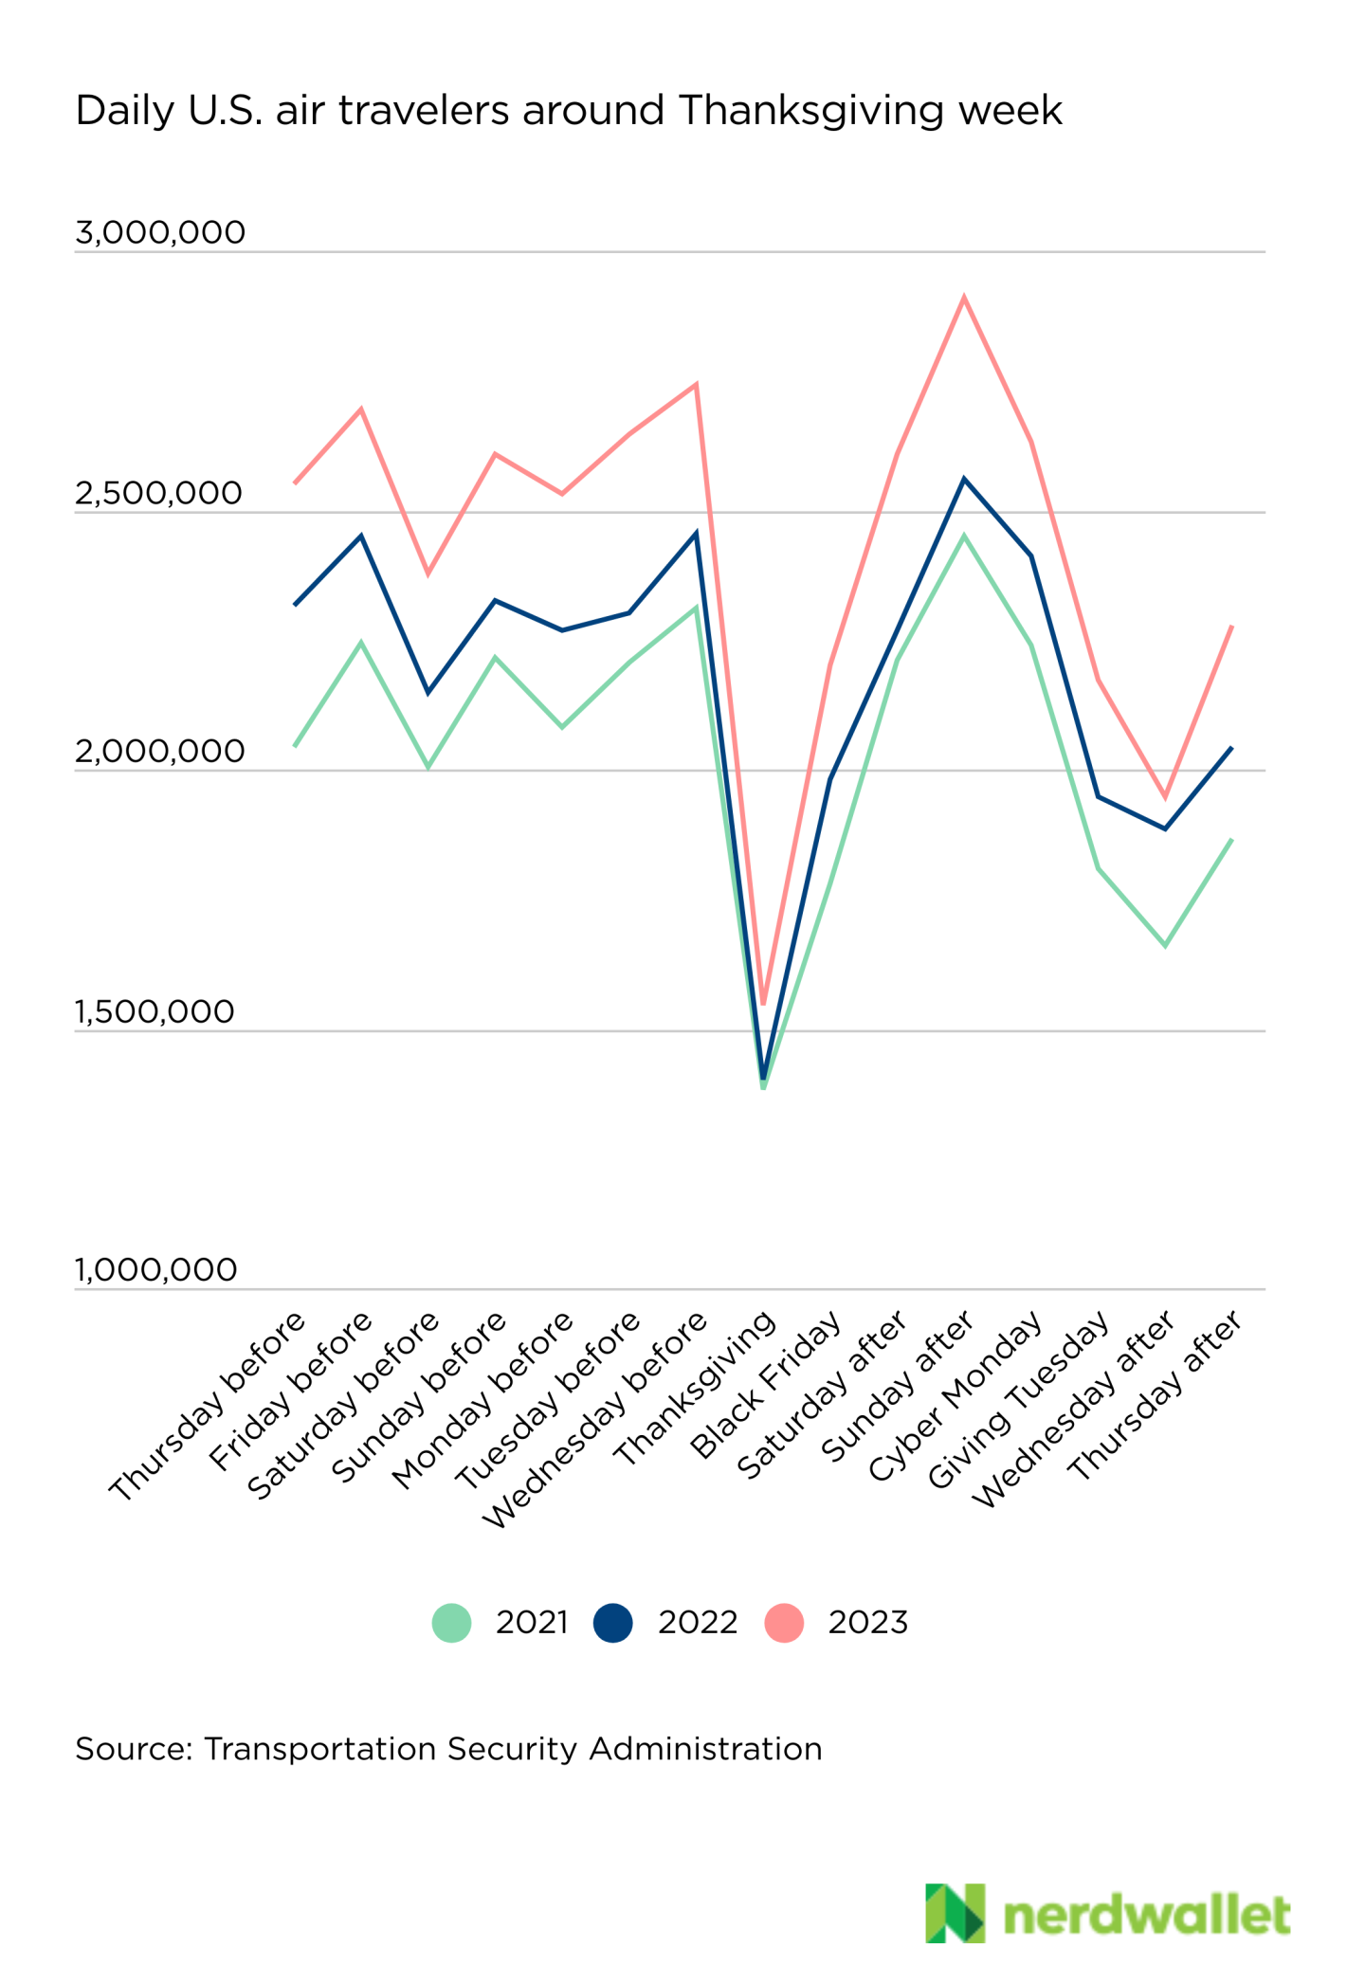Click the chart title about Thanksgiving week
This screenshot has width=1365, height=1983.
(x=569, y=112)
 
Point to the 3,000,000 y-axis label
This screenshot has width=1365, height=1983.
(x=160, y=232)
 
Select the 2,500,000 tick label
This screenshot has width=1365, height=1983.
(x=159, y=494)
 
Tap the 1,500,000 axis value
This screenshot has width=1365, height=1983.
(x=155, y=1012)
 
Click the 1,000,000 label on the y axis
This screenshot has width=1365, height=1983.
(x=156, y=1270)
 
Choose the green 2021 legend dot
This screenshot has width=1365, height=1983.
(x=452, y=1623)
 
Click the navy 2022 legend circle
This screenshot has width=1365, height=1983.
(x=613, y=1623)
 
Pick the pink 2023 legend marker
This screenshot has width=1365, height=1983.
(x=784, y=1623)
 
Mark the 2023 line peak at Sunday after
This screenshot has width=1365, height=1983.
(x=964, y=298)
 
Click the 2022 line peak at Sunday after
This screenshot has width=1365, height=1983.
(x=964, y=480)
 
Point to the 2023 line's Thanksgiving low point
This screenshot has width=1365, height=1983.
(x=763, y=1003)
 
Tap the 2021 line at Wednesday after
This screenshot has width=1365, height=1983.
(x=1165, y=945)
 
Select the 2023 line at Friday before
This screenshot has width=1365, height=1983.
(x=361, y=409)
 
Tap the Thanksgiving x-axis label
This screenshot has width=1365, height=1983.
(x=697, y=1389)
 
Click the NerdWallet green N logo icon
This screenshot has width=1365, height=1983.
(x=955, y=1913)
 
